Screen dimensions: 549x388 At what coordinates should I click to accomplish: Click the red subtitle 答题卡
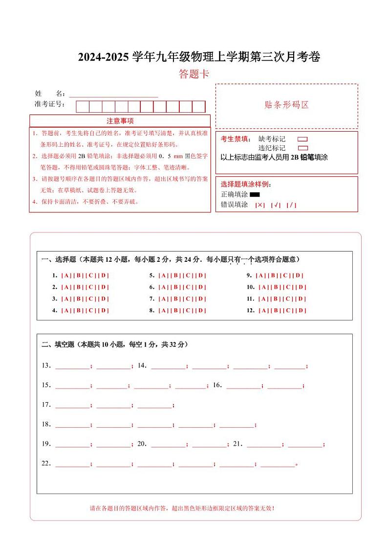[x=194, y=74]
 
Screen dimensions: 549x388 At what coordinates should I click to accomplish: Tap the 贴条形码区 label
[x=286, y=105]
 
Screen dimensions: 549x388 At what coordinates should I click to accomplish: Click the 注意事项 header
[x=120, y=121]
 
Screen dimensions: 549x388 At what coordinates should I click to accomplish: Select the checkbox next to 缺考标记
[x=302, y=139]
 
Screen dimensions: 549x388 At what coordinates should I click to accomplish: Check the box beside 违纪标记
[x=302, y=148]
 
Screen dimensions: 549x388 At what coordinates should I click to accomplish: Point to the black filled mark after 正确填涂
[x=254, y=195]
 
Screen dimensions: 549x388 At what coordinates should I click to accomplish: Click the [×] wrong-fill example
[x=260, y=205]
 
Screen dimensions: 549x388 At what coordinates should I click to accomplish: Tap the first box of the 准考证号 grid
[x=82, y=107]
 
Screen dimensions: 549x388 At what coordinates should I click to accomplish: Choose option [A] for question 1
[x=66, y=275]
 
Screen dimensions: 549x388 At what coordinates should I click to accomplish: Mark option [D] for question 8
[x=201, y=311]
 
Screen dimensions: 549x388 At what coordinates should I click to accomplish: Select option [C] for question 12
[x=288, y=311]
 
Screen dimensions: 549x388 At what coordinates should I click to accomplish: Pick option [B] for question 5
[x=176, y=275]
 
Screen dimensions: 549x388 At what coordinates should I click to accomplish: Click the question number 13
[x=46, y=366]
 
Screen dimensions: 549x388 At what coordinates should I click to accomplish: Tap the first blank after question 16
[x=243, y=385]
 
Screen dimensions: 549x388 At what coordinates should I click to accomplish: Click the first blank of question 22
[x=72, y=463]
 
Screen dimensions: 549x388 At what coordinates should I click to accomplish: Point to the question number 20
[x=142, y=444]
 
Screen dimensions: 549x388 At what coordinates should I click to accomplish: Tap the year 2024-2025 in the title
[x=104, y=57]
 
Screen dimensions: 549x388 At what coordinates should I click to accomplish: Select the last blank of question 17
[x=155, y=405]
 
